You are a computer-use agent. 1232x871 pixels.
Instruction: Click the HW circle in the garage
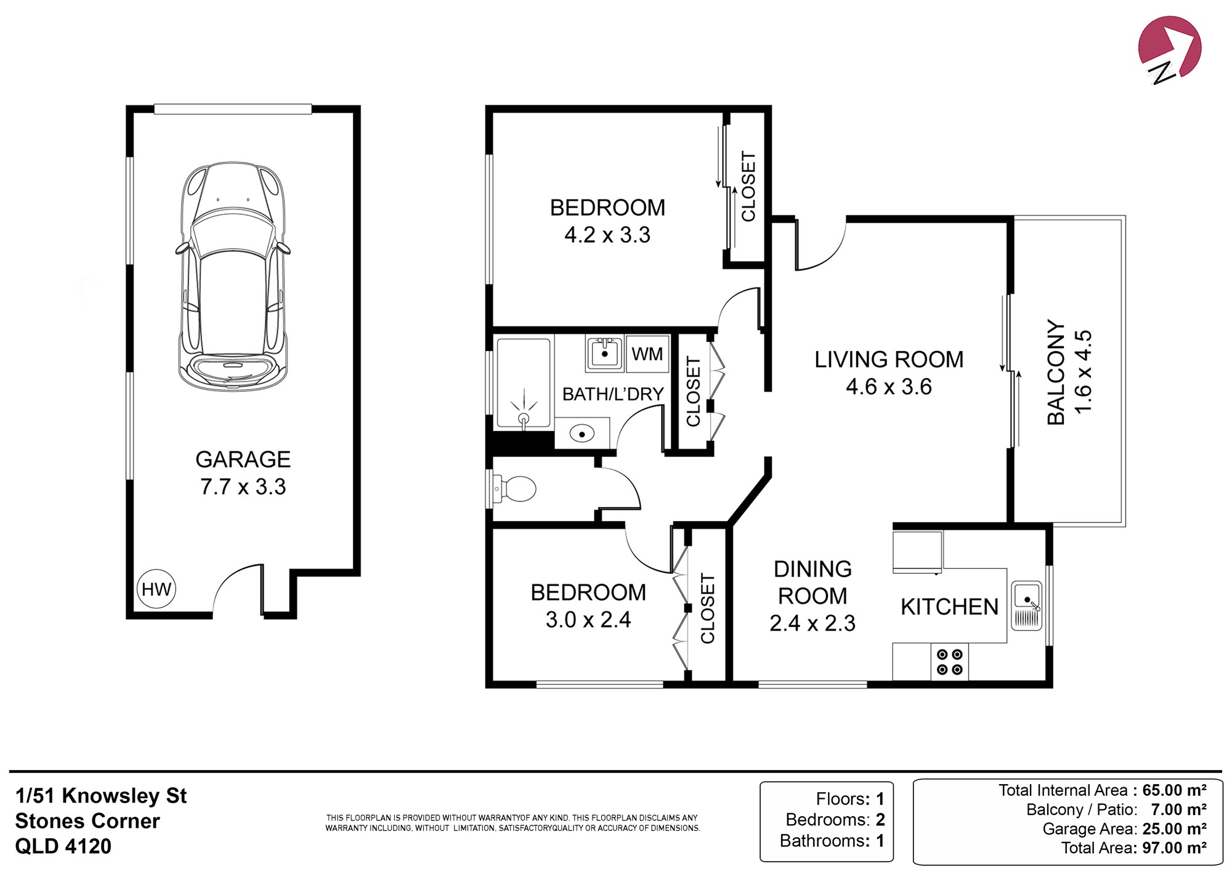(156, 589)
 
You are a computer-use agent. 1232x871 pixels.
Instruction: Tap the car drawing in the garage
(233, 277)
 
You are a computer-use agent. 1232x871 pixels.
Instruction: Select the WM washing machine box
(647, 354)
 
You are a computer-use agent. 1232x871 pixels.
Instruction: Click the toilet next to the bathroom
(514, 489)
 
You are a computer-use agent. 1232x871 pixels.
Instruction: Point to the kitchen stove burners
(949, 662)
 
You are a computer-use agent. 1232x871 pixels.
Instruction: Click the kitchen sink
(1026, 606)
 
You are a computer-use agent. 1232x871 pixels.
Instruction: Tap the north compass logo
(1169, 49)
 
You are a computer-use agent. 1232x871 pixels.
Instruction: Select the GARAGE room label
(243, 460)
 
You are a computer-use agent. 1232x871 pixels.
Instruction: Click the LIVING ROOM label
(889, 359)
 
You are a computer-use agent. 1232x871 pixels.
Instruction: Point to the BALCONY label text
(1056, 372)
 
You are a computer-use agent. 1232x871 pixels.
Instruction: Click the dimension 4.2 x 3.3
(607, 235)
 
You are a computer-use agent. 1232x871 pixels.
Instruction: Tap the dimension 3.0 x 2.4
(588, 619)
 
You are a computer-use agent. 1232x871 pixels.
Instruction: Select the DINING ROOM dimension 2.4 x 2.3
(813, 623)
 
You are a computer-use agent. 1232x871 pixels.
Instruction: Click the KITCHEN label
(949, 607)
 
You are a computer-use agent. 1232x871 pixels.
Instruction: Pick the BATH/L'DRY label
(613, 394)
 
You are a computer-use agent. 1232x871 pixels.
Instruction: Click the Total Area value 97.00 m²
(1174, 848)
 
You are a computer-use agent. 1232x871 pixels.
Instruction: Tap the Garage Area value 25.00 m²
(1174, 828)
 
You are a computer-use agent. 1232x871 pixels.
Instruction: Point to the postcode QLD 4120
(63, 846)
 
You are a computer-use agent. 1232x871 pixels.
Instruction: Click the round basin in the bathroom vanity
(581, 434)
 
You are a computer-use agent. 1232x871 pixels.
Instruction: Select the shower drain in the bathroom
(524, 418)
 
